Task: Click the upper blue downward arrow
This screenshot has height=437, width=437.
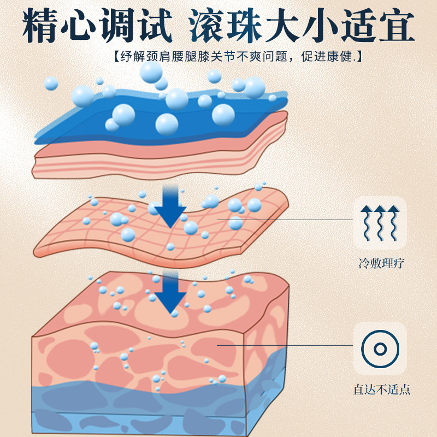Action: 171,210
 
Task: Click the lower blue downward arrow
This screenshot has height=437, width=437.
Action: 170,295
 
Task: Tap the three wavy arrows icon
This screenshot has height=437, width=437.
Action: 380,223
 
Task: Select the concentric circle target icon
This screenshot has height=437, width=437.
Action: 380,349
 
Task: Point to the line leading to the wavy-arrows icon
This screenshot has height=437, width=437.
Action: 284,220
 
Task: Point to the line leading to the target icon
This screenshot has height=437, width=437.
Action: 284,345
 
